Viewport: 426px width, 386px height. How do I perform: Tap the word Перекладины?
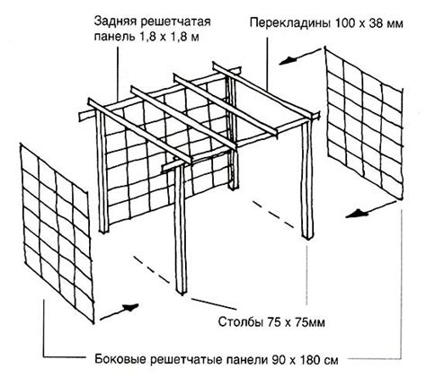coord(290,23)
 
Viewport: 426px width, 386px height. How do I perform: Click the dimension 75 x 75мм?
coord(295,322)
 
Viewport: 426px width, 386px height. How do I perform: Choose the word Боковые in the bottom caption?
coord(120,359)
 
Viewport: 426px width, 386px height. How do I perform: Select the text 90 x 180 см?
coord(305,359)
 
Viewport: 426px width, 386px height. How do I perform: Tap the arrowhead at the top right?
coord(286,61)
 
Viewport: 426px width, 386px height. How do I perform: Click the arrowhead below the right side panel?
coord(357,214)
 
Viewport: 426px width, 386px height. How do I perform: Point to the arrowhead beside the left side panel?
coord(130,307)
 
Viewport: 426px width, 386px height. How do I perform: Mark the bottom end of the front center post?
coord(181,293)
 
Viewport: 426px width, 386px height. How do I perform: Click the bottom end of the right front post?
coord(308,236)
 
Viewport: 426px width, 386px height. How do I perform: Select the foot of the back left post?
coord(104,231)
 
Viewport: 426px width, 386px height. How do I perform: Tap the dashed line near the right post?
coord(273,215)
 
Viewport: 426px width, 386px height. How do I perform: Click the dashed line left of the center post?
coord(152,268)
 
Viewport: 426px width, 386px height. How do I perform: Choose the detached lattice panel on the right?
coord(364,123)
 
